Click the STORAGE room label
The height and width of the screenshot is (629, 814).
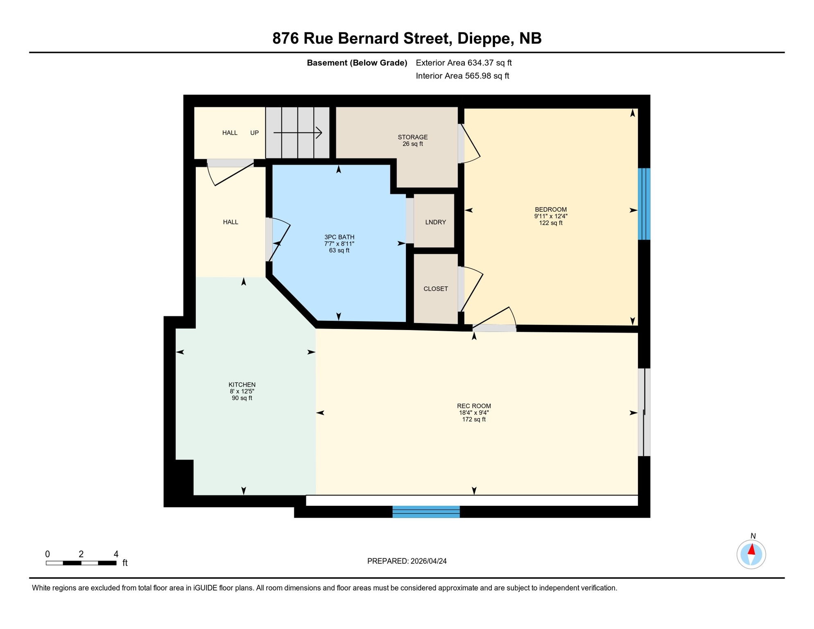click(x=412, y=137)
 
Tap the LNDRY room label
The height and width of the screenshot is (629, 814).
click(x=435, y=222)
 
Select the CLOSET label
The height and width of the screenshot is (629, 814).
click(x=435, y=289)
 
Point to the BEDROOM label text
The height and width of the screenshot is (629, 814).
click(x=550, y=210)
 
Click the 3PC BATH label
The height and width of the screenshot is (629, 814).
click(x=339, y=237)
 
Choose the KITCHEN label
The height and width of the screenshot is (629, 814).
click(x=242, y=385)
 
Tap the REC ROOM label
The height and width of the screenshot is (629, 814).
click(x=474, y=406)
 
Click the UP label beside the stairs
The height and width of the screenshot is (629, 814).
click(x=254, y=133)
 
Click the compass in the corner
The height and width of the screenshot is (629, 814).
click(x=751, y=554)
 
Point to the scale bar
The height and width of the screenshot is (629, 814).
click(x=81, y=563)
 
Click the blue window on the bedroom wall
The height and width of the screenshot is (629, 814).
click(x=644, y=204)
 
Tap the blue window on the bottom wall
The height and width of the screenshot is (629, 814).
click(x=426, y=511)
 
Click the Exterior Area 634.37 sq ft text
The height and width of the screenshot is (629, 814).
click(x=464, y=63)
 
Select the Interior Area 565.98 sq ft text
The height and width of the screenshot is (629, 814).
click(x=462, y=76)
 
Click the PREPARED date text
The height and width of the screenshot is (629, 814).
click(x=407, y=561)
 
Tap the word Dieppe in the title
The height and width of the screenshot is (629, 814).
click(x=485, y=38)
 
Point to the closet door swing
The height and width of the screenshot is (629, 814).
click(x=471, y=289)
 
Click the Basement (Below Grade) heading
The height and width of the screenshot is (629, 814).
click(x=357, y=63)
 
